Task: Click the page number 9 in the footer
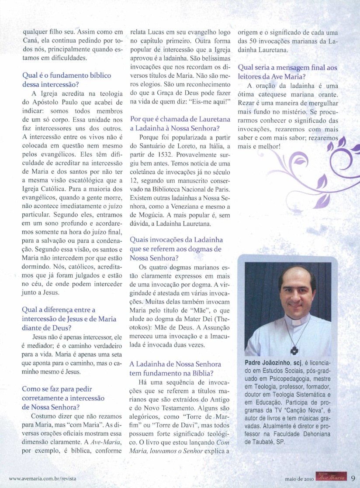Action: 352,478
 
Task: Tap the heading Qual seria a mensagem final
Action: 287,68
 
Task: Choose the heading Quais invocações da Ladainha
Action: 177,240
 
